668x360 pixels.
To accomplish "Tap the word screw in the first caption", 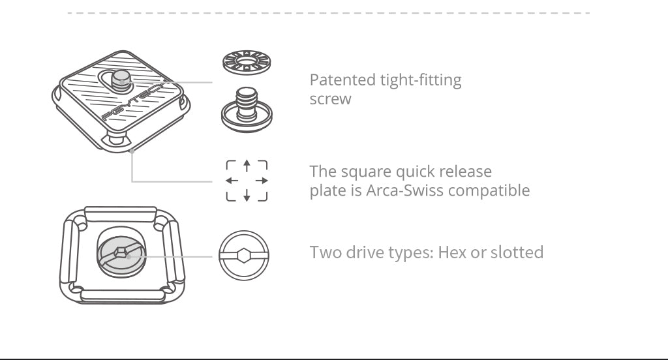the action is (330, 100).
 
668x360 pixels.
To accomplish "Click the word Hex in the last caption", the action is (451, 252).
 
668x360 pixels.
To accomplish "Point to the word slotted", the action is (517, 252).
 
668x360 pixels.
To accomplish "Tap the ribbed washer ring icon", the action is (247, 62).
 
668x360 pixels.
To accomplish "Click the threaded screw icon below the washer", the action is (247, 110).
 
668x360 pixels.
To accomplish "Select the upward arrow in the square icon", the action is (247, 166).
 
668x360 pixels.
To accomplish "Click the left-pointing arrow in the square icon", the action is (232, 181).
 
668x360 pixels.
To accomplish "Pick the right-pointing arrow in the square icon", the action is (262, 181).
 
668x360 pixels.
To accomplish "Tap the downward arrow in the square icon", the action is (247, 195).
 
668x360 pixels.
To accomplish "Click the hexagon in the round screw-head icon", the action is (244, 256).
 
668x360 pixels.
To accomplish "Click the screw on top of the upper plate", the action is (121, 80).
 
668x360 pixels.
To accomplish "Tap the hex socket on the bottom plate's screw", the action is (121, 252).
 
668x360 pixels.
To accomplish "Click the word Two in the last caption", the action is (326, 252).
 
